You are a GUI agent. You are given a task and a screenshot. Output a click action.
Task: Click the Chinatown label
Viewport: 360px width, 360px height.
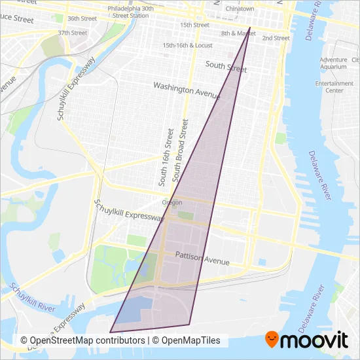[240, 9]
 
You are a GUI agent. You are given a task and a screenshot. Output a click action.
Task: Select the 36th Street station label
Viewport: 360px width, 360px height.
[82, 18]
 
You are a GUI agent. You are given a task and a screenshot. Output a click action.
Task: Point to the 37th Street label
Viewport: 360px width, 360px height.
[72, 32]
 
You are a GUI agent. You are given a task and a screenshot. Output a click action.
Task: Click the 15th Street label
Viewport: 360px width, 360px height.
[194, 25]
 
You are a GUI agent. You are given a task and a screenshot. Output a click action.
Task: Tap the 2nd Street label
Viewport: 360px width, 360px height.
[276, 38]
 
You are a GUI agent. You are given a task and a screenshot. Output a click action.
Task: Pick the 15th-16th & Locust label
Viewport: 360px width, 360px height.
[188, 46]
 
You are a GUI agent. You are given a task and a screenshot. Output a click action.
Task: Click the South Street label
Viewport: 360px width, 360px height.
[226, 66]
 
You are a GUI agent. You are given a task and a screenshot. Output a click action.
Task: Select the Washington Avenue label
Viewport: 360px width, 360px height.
[186, 90]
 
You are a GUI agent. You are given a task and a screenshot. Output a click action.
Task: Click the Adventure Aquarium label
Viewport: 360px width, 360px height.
[333, 63]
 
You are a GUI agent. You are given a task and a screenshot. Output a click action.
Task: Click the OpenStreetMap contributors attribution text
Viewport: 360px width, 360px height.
[82, 340]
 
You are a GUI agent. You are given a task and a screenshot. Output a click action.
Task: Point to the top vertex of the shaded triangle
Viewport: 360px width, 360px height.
[250, 27]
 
